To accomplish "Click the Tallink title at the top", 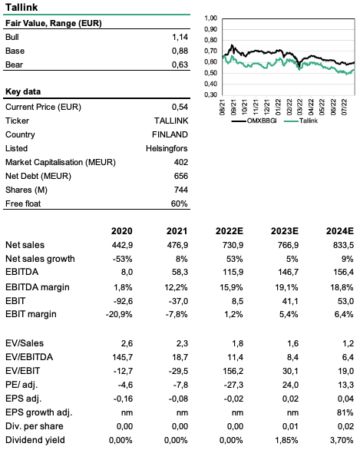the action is click(x=21, y=7).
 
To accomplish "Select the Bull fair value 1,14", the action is click(x=180, y=37).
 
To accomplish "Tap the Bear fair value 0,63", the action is click(x=180, y=65).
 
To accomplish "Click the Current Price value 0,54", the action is click(x=180, y=107).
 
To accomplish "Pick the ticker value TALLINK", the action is click(x=171, y=121).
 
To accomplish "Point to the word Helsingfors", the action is click(x=167, y=148).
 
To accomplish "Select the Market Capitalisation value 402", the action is click(x=180, y=162).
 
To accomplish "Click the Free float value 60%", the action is click(x=180, y=203).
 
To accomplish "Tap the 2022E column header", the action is click(x=230, y=230).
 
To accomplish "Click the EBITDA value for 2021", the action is click(x=180, y=272).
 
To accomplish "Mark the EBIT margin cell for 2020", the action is click(x=119, y=314).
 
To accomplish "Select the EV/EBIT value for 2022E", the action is click(x=233, y=371).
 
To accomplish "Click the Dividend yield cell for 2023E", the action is click(x=286, y=440).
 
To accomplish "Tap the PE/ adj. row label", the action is click(x=21, y=385).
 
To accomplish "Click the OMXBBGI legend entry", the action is click(x=254, y=121).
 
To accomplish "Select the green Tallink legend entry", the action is click(x=301, y=121).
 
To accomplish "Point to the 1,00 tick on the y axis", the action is click(x=210, y=18).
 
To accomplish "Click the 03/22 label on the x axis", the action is click(x=300, y=108).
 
